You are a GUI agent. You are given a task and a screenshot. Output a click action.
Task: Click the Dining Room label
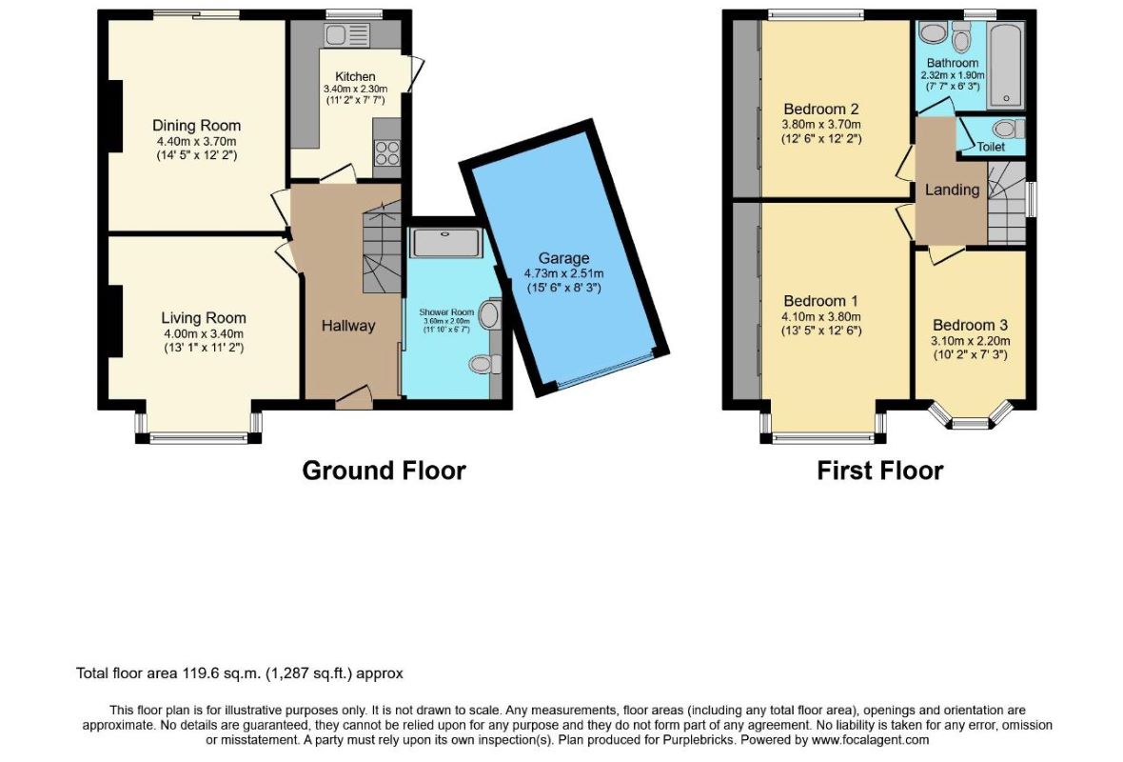[196, 126]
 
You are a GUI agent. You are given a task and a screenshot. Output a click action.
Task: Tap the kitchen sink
[346, 35]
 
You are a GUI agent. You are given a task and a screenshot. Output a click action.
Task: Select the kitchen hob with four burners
[386, 153]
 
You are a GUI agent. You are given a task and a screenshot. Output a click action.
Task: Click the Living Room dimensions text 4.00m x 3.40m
[204, 334]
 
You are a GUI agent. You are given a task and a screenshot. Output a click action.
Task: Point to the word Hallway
[348, 326]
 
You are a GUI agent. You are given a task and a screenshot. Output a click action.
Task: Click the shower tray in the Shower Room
[446, 242]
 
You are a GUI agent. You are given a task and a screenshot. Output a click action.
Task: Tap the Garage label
[563, 258]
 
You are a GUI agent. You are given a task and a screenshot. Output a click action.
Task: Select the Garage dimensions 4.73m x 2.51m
[563, 273]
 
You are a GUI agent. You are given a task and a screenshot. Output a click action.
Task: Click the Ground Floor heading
[384, 471]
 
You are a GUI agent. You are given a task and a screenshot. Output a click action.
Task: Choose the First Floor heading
[879, 471]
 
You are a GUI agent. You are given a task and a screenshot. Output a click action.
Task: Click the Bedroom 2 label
[820, 110]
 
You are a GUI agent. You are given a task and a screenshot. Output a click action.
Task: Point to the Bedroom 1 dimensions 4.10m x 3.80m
[820, 317]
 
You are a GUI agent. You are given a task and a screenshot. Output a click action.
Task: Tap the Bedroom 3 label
[970, 326]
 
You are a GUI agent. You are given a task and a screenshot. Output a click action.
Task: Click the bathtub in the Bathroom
[1005, 65]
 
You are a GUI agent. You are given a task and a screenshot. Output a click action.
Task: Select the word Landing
[952, 190]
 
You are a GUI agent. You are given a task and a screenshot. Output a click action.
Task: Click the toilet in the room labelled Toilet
[1009, 129]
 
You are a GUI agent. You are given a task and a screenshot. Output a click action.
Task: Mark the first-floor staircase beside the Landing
[1006, 203]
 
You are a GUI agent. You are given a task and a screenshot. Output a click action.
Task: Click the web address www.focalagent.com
[871, 740]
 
